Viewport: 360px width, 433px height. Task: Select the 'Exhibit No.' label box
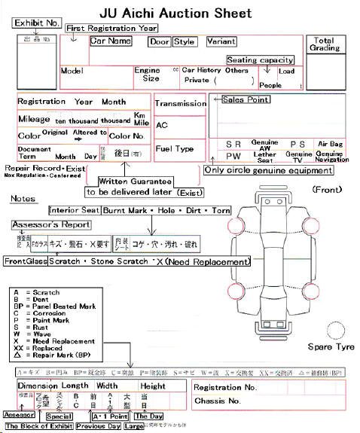pyautogui.click(x=37, y=23)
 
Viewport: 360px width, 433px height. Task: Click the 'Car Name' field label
pyautogui.click(x=115, y=41)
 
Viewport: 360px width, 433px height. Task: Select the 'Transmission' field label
pyautogui.click(x=180, y=103)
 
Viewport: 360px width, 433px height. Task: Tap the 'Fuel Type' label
pyautogui.click(x=174, y=148)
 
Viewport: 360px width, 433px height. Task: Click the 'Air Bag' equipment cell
pyautogui.click(x=331, y=143)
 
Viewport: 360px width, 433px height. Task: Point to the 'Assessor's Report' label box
pyautogui.click(x=51, y=224)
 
